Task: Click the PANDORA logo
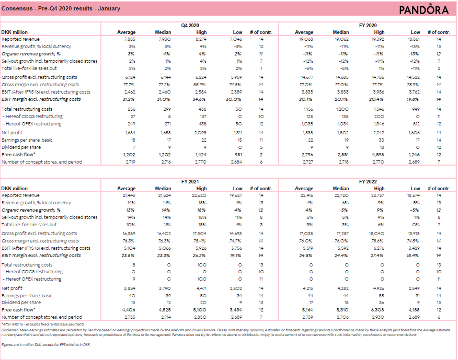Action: pos(423,10)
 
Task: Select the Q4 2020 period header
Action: pos(190,25)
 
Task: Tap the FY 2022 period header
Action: pos(368,181)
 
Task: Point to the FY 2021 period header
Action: pos(190,181)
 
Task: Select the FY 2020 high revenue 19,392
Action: pos(377,39)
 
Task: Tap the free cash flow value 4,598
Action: pos(377,155)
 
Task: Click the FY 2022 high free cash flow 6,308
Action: pos(377,310)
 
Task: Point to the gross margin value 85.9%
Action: pos(201,85)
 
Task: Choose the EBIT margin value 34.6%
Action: pos(201,99)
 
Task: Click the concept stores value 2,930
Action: pos(378,317)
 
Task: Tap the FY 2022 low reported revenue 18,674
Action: pos(413,195)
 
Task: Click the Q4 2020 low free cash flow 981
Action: pos(238,155)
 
